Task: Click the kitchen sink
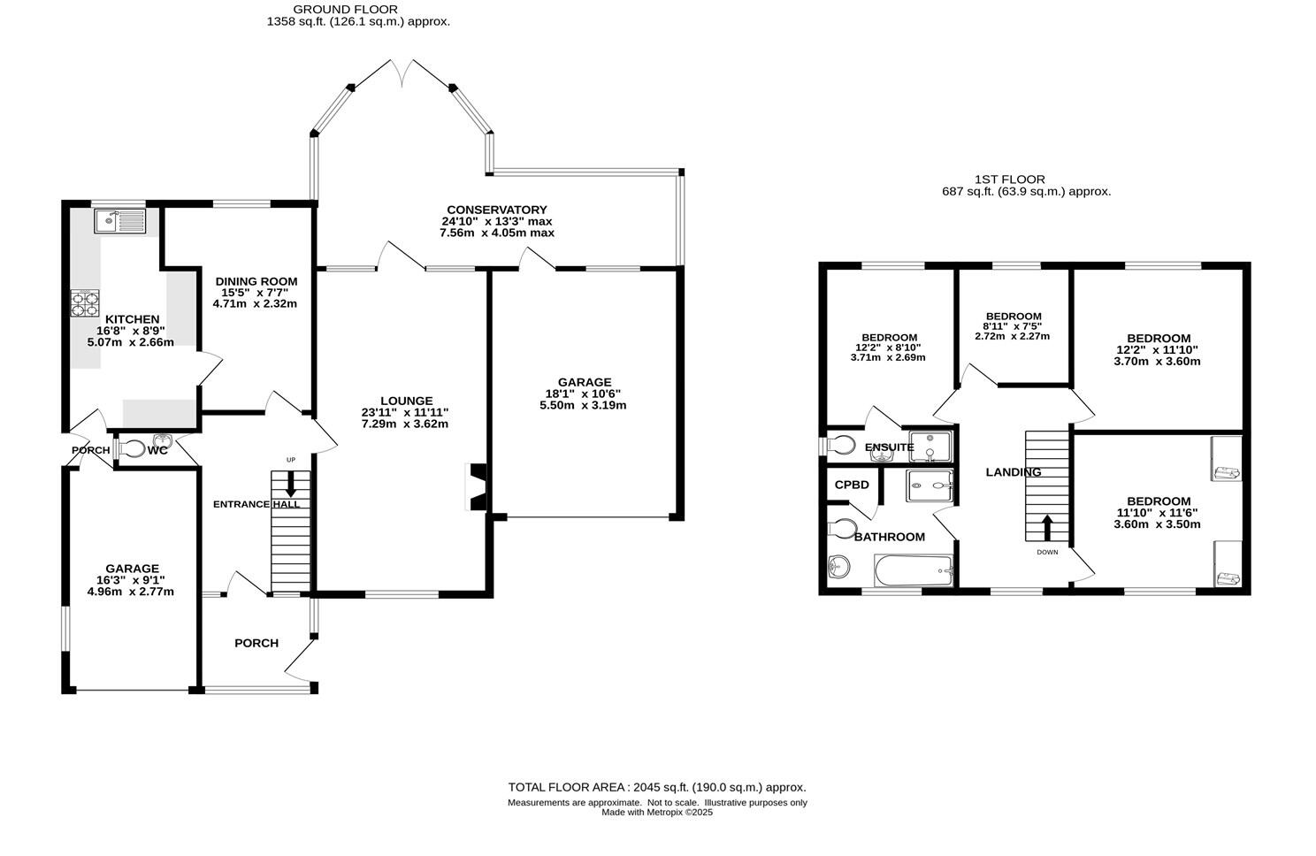(120, 221)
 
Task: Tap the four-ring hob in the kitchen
(85, 303)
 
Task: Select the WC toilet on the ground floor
(130, 450)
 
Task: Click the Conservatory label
(496, 210)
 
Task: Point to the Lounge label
(406, 401)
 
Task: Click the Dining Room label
(256, 281)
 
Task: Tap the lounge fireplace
(477, 487)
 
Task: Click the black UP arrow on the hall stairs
(291, 484)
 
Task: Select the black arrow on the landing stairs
(1047, 528)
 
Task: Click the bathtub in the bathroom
(914, 570)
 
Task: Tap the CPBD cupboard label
(852, 485)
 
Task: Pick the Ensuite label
(890, 447)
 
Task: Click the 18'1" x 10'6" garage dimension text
(583, 394)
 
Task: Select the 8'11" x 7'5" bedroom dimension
(1013, 326)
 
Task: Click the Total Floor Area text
(657, 787)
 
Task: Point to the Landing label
(1014, 471)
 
